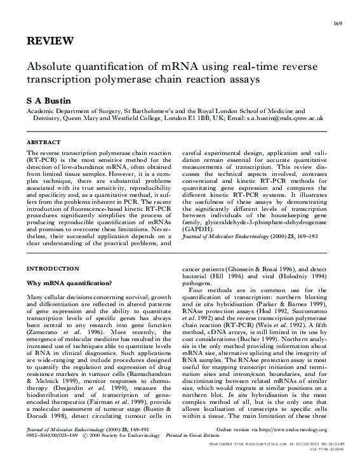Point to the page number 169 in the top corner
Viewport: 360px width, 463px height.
337,24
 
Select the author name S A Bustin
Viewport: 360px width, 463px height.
47,100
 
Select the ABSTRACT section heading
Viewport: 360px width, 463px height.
43,143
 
